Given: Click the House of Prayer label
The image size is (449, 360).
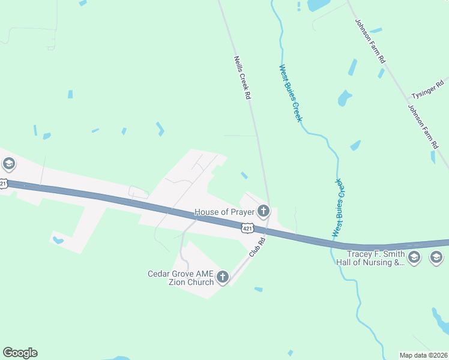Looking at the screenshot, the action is point(224,212).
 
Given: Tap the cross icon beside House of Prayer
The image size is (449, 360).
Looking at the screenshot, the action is point(263,211).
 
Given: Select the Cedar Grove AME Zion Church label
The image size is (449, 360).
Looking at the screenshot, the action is point(181,278).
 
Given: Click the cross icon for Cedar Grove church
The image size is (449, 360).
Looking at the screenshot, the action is point(223,277).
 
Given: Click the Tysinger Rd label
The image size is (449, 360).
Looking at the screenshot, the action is point(427,89).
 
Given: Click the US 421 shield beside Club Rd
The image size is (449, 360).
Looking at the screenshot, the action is point(247,228).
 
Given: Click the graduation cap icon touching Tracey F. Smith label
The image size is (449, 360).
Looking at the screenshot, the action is point(414,258).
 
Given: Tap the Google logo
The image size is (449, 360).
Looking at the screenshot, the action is point(20,353).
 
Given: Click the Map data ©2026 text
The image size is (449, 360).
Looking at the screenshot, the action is point(423,355).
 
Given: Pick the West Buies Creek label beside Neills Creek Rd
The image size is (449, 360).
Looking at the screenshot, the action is point(290,93).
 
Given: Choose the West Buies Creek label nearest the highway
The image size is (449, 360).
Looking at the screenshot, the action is point(339,207).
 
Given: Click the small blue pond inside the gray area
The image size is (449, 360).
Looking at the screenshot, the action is point(58,241).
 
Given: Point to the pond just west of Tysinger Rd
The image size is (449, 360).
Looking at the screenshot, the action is point(344,98).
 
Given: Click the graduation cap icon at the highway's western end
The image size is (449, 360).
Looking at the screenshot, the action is point(8,163).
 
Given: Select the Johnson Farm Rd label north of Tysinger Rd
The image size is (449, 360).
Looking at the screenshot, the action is point(370,42).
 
